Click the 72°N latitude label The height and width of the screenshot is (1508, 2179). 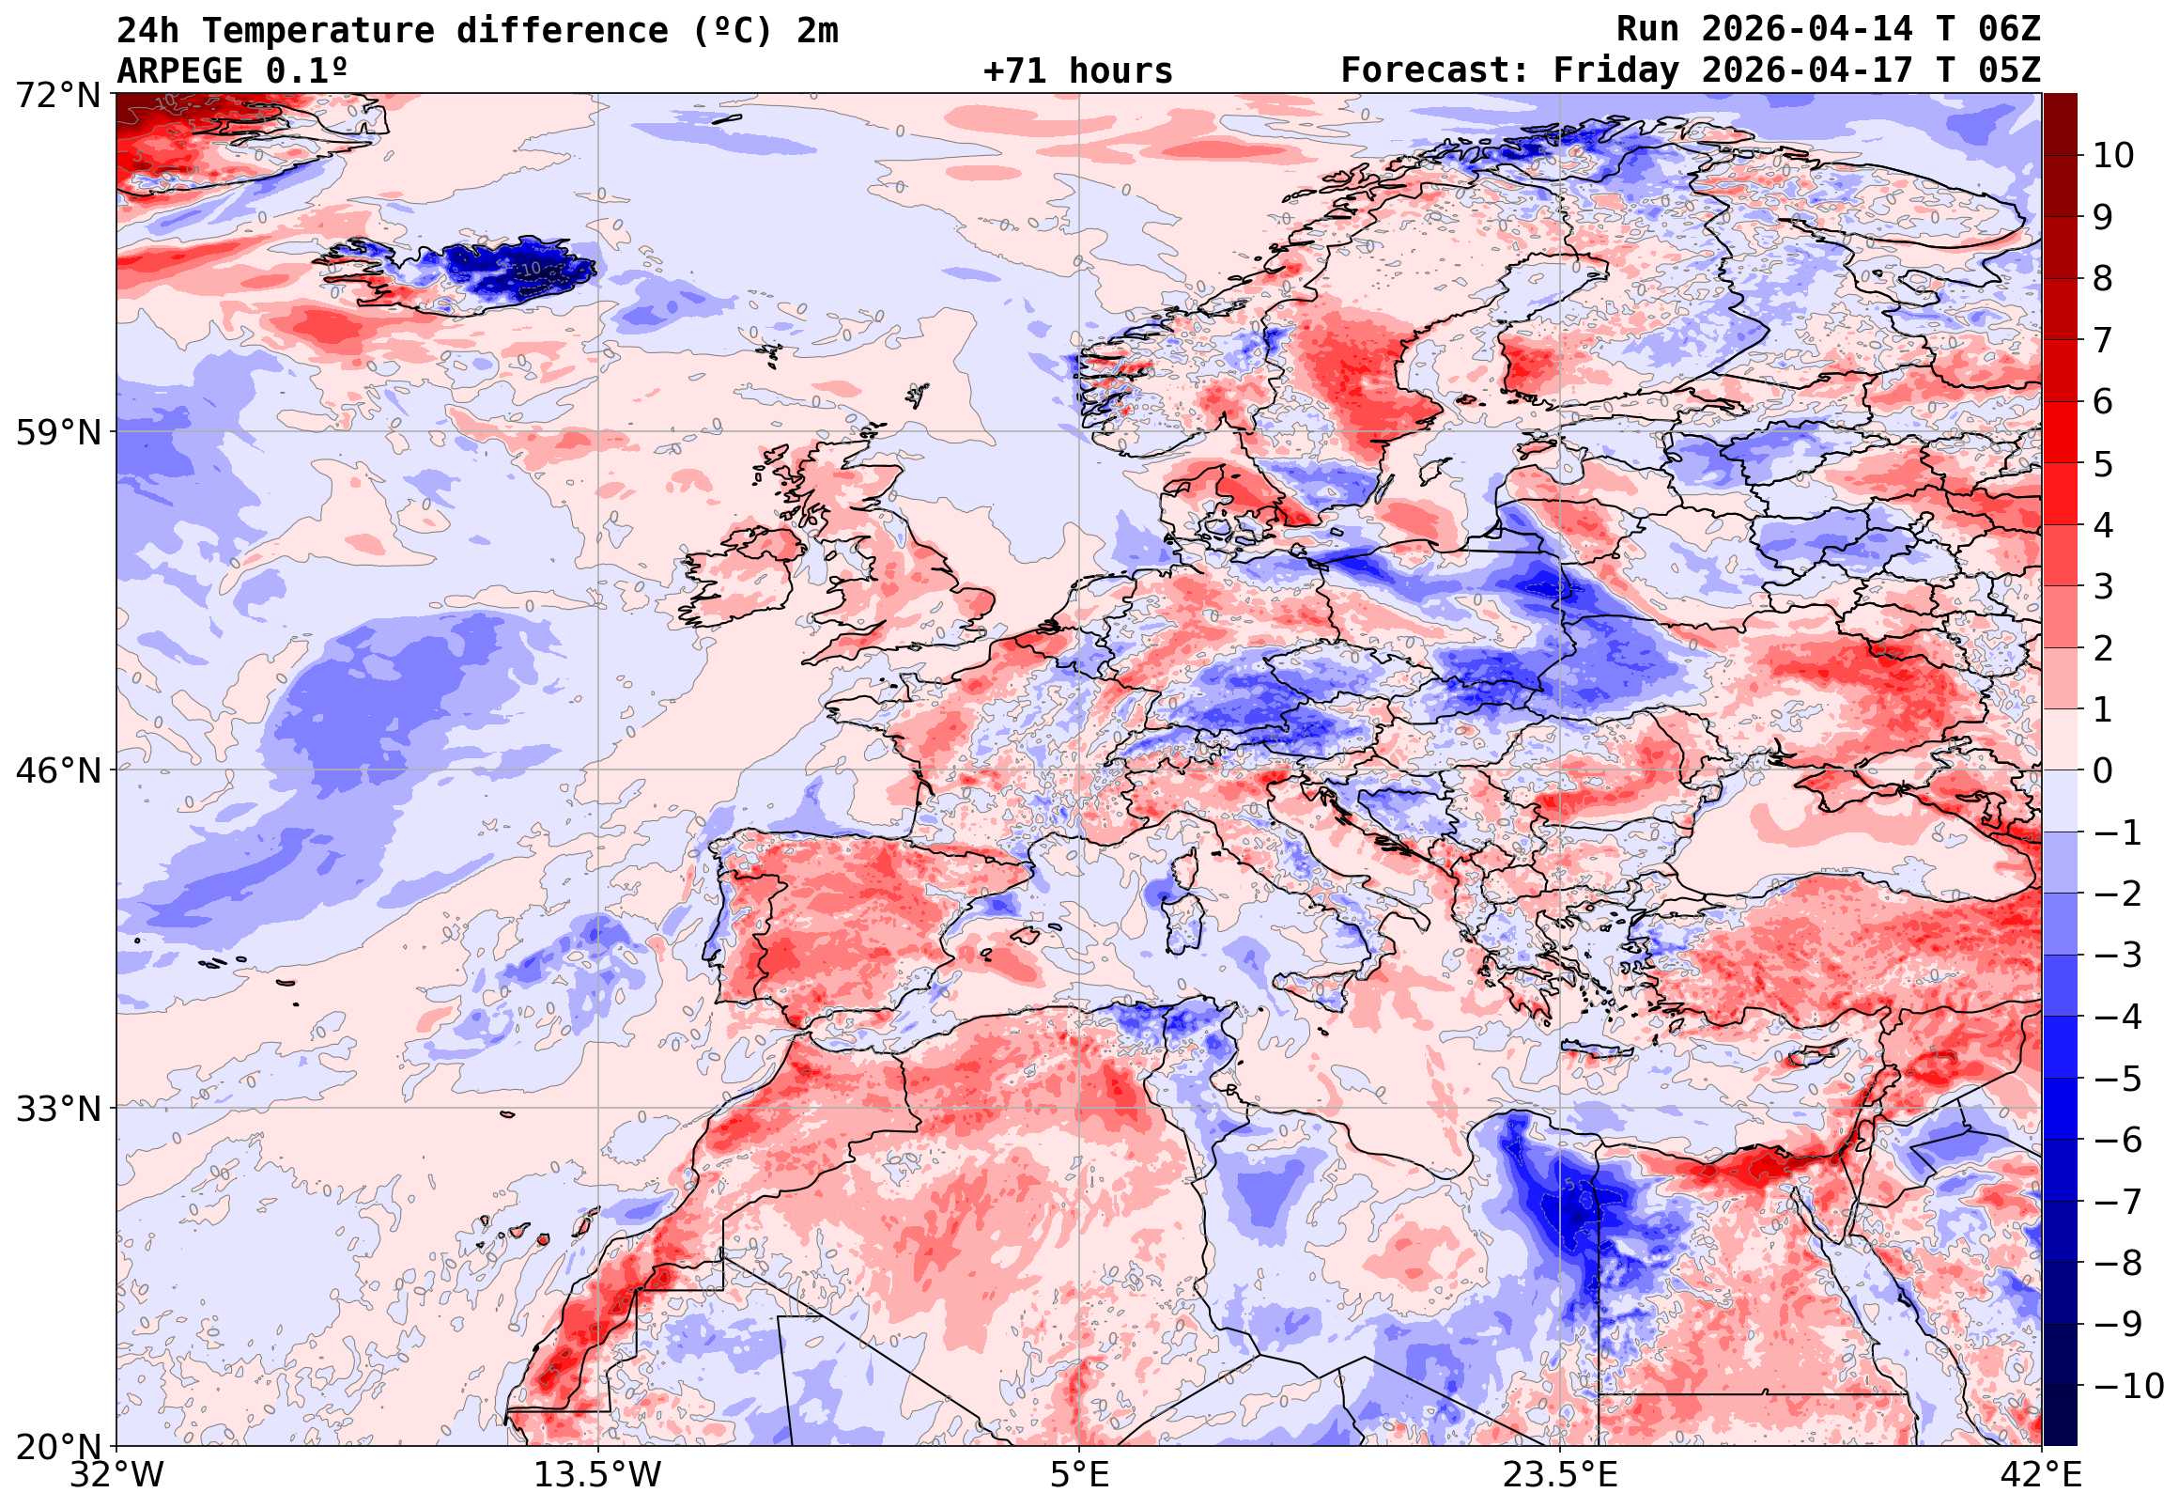[x=57, y=95]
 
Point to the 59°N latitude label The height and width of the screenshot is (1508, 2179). [x=57, y=433]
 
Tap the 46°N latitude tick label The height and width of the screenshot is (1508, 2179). [x=57, y=771]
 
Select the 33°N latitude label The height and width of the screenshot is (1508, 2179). [x=57, y=1109]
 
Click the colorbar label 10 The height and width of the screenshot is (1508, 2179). [x=2114, y=156]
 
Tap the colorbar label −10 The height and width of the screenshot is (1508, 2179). [x=2128, y=1387]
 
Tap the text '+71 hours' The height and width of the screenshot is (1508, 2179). [x=1077, y=70]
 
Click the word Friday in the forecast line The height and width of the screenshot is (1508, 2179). [x=1616, y=70]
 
